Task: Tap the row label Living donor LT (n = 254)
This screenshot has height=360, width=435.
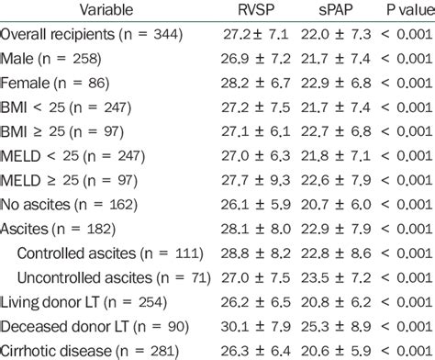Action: click(83, 300)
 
